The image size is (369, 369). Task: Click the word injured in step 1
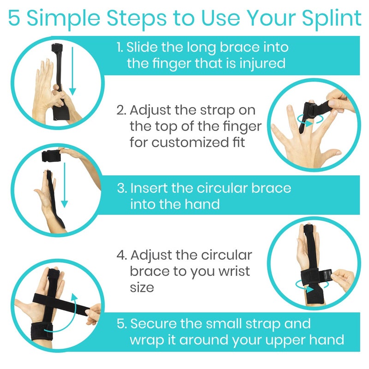pyautogui.click(x=262, y=63)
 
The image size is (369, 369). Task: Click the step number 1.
pyautogui.click(x=119, y=48)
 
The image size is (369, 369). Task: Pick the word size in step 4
pyautogui.click(x=142, y=287)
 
